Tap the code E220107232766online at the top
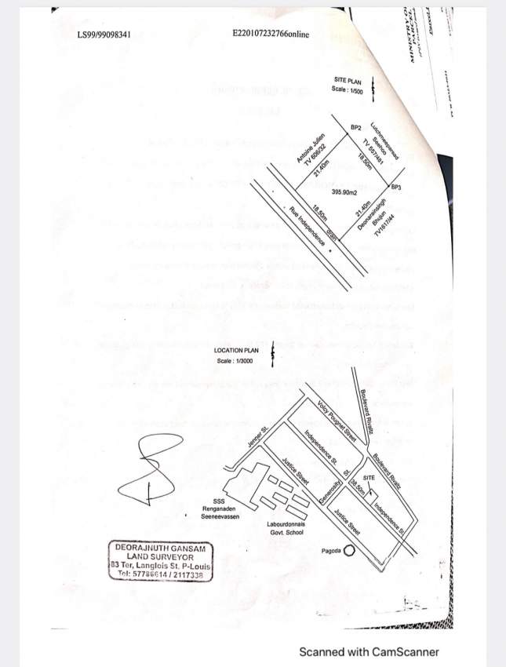point(271,35)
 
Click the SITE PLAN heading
point(347,81)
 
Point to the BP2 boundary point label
point(355,127)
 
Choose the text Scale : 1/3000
point(236,361)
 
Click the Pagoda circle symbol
point(349,551)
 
